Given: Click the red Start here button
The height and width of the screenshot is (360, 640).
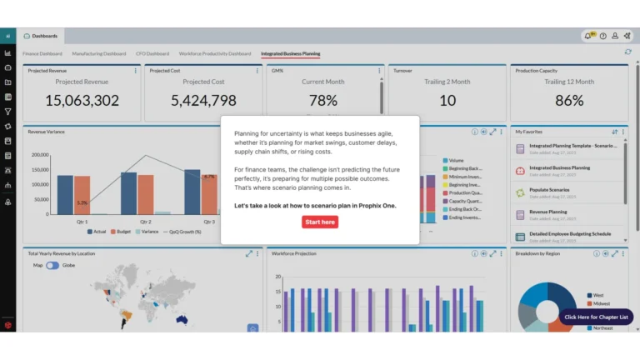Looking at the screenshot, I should (x=320, y=222).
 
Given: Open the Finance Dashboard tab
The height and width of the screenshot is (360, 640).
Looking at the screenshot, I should (x=42, y=53).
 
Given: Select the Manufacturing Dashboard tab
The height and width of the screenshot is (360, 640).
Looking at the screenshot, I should (x=98, y=53).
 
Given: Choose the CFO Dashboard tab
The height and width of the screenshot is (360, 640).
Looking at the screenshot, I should (x=152, y=53).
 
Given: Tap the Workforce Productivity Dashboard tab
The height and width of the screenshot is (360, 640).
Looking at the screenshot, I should (x=215, y=53).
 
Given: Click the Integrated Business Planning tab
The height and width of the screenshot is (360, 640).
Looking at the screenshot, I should (x=290, y=53).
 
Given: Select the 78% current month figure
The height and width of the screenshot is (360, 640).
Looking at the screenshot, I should (x=323, y=101).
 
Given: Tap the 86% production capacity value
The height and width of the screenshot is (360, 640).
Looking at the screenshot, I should (x=569, y=101).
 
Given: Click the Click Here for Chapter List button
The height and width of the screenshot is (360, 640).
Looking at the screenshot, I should (x=597, y=317).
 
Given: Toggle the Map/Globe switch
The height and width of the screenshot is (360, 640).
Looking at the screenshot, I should (x=52, y=265).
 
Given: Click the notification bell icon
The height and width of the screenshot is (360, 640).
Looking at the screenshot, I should (x=589, y=36).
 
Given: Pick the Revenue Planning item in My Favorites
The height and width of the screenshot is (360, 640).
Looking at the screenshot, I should (x=547, y=212).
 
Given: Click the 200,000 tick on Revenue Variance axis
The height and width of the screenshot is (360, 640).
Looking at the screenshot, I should (x=41, y=155).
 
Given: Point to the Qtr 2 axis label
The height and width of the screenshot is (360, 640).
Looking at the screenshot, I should (x=145, y=222).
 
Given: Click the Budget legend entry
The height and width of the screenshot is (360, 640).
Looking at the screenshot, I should (x=122, y=232).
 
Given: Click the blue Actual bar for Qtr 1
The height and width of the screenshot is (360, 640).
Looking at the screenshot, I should (x=65, y=193).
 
